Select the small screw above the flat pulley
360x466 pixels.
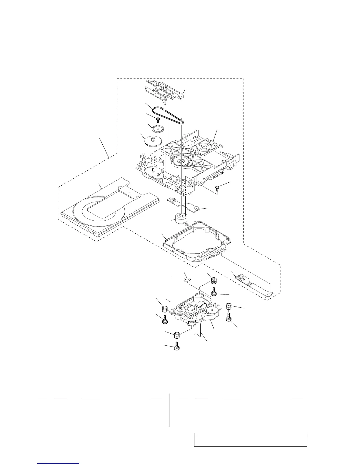(158, 119)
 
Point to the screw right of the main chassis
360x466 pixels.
(218, 187)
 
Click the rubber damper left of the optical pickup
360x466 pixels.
(165, 309)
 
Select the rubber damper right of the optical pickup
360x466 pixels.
(229, 307)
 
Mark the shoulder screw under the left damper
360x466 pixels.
(165, 320)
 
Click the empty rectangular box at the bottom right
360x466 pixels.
(251, 440)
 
